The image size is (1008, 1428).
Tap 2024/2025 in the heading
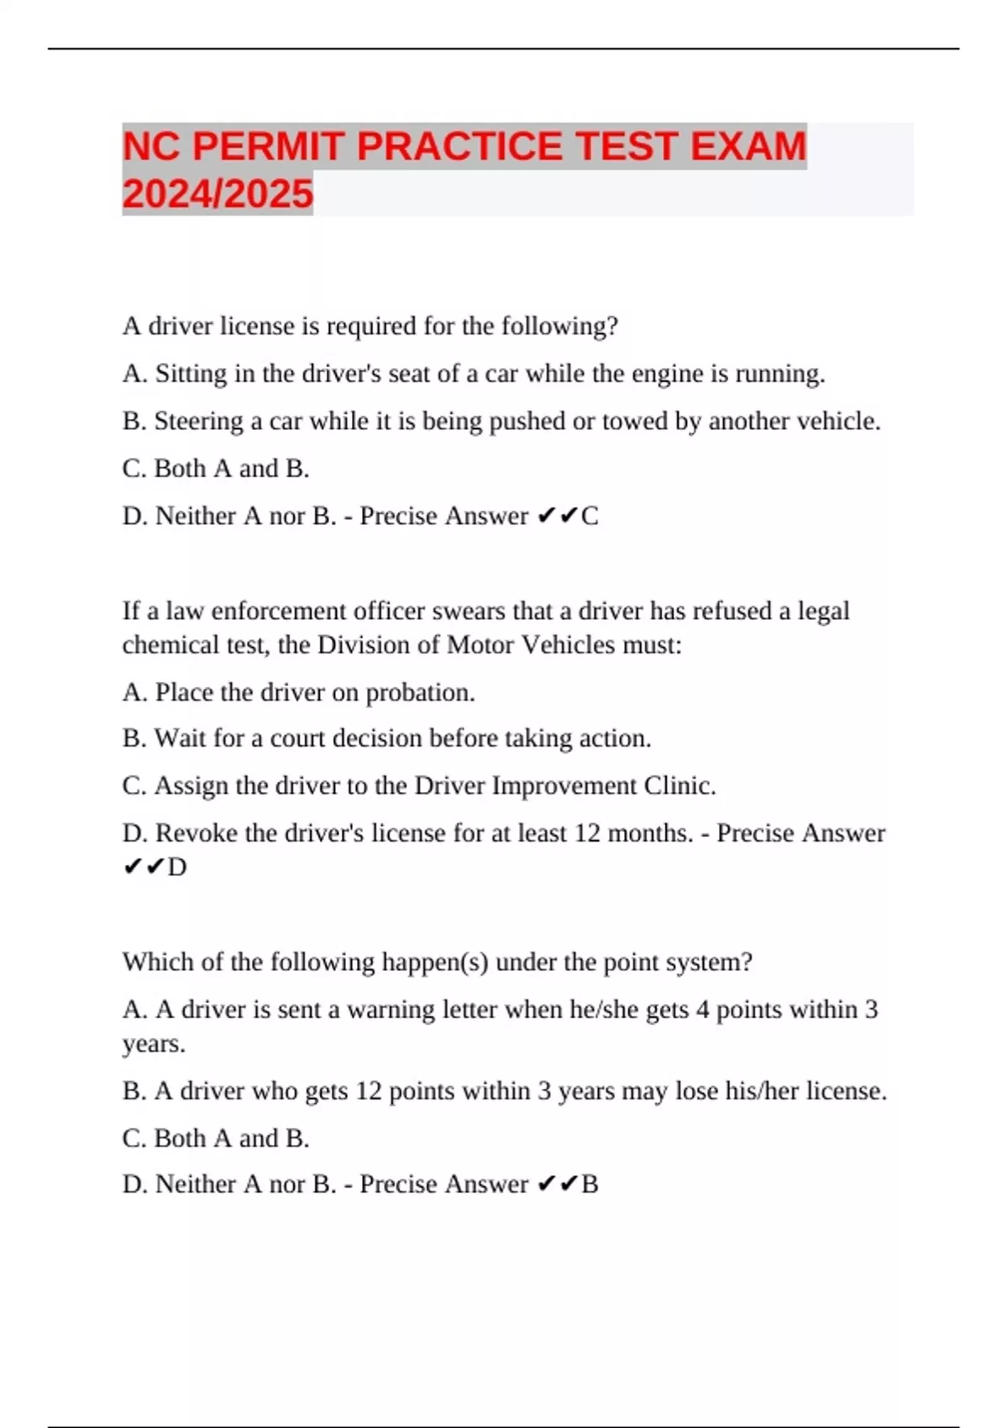click(218, 194)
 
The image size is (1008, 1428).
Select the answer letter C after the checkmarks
click(590, 516)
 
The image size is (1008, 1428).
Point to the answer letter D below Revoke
click(177, 867)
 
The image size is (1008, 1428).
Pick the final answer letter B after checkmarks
click(590, 1184)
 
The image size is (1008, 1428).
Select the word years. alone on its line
click(154, 1044)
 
